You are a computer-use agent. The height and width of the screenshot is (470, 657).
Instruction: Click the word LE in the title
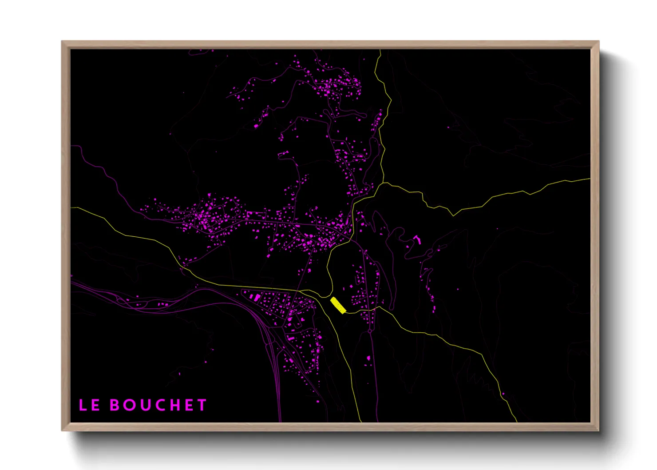89,405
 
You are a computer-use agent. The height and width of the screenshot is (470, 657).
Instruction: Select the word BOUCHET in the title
158,405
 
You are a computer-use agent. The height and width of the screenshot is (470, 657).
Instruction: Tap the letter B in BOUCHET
115,405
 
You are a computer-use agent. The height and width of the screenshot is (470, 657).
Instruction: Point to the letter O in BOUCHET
130,405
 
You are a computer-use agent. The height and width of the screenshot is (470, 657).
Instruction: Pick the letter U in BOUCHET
145,405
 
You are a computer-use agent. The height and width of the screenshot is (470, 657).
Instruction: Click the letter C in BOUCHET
160,405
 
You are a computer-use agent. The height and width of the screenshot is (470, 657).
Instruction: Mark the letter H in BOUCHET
175,405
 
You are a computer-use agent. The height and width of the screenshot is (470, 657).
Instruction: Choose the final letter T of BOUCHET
202,405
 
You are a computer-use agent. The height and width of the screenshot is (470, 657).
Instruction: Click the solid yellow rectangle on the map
338,305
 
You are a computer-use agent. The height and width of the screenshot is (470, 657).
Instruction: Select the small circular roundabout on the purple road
369,331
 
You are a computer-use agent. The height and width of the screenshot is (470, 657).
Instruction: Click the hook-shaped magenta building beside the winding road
417,239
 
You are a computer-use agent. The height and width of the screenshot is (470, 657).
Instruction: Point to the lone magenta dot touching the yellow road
503,394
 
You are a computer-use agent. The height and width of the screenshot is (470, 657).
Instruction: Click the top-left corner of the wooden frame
62,41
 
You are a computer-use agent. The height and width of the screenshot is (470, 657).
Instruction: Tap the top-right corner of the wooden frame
599,41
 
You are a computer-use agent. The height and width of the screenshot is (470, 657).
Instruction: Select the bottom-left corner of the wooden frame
62,430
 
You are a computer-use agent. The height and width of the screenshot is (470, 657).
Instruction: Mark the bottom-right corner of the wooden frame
599,430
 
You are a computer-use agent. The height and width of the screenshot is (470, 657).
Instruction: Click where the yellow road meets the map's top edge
380,50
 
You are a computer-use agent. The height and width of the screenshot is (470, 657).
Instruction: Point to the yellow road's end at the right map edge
590,179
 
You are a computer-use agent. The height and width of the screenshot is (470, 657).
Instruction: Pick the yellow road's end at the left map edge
71,207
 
